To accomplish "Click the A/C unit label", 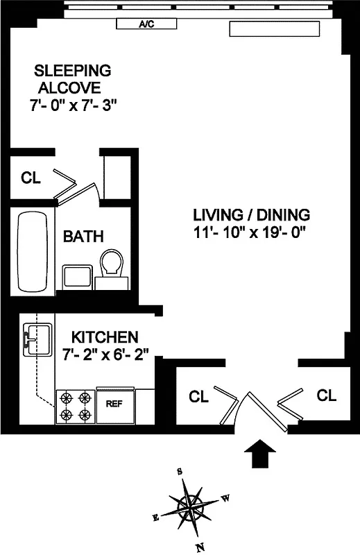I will click(x=146, y=24).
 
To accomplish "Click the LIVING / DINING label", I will click(x=251, y=214).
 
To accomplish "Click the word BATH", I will click(x=83, y=237).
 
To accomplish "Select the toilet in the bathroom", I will click(x=112, y=268).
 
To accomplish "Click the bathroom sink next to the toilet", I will click(x=76, y=276).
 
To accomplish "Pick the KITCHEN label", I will click(x=105, y=337).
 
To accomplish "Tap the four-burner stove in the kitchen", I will click(x=76, y=406).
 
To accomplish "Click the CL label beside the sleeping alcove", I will click(x=31, y=178).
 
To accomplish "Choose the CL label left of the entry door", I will click(x=198, y=397).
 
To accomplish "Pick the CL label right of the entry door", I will click(x=327, y=395).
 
